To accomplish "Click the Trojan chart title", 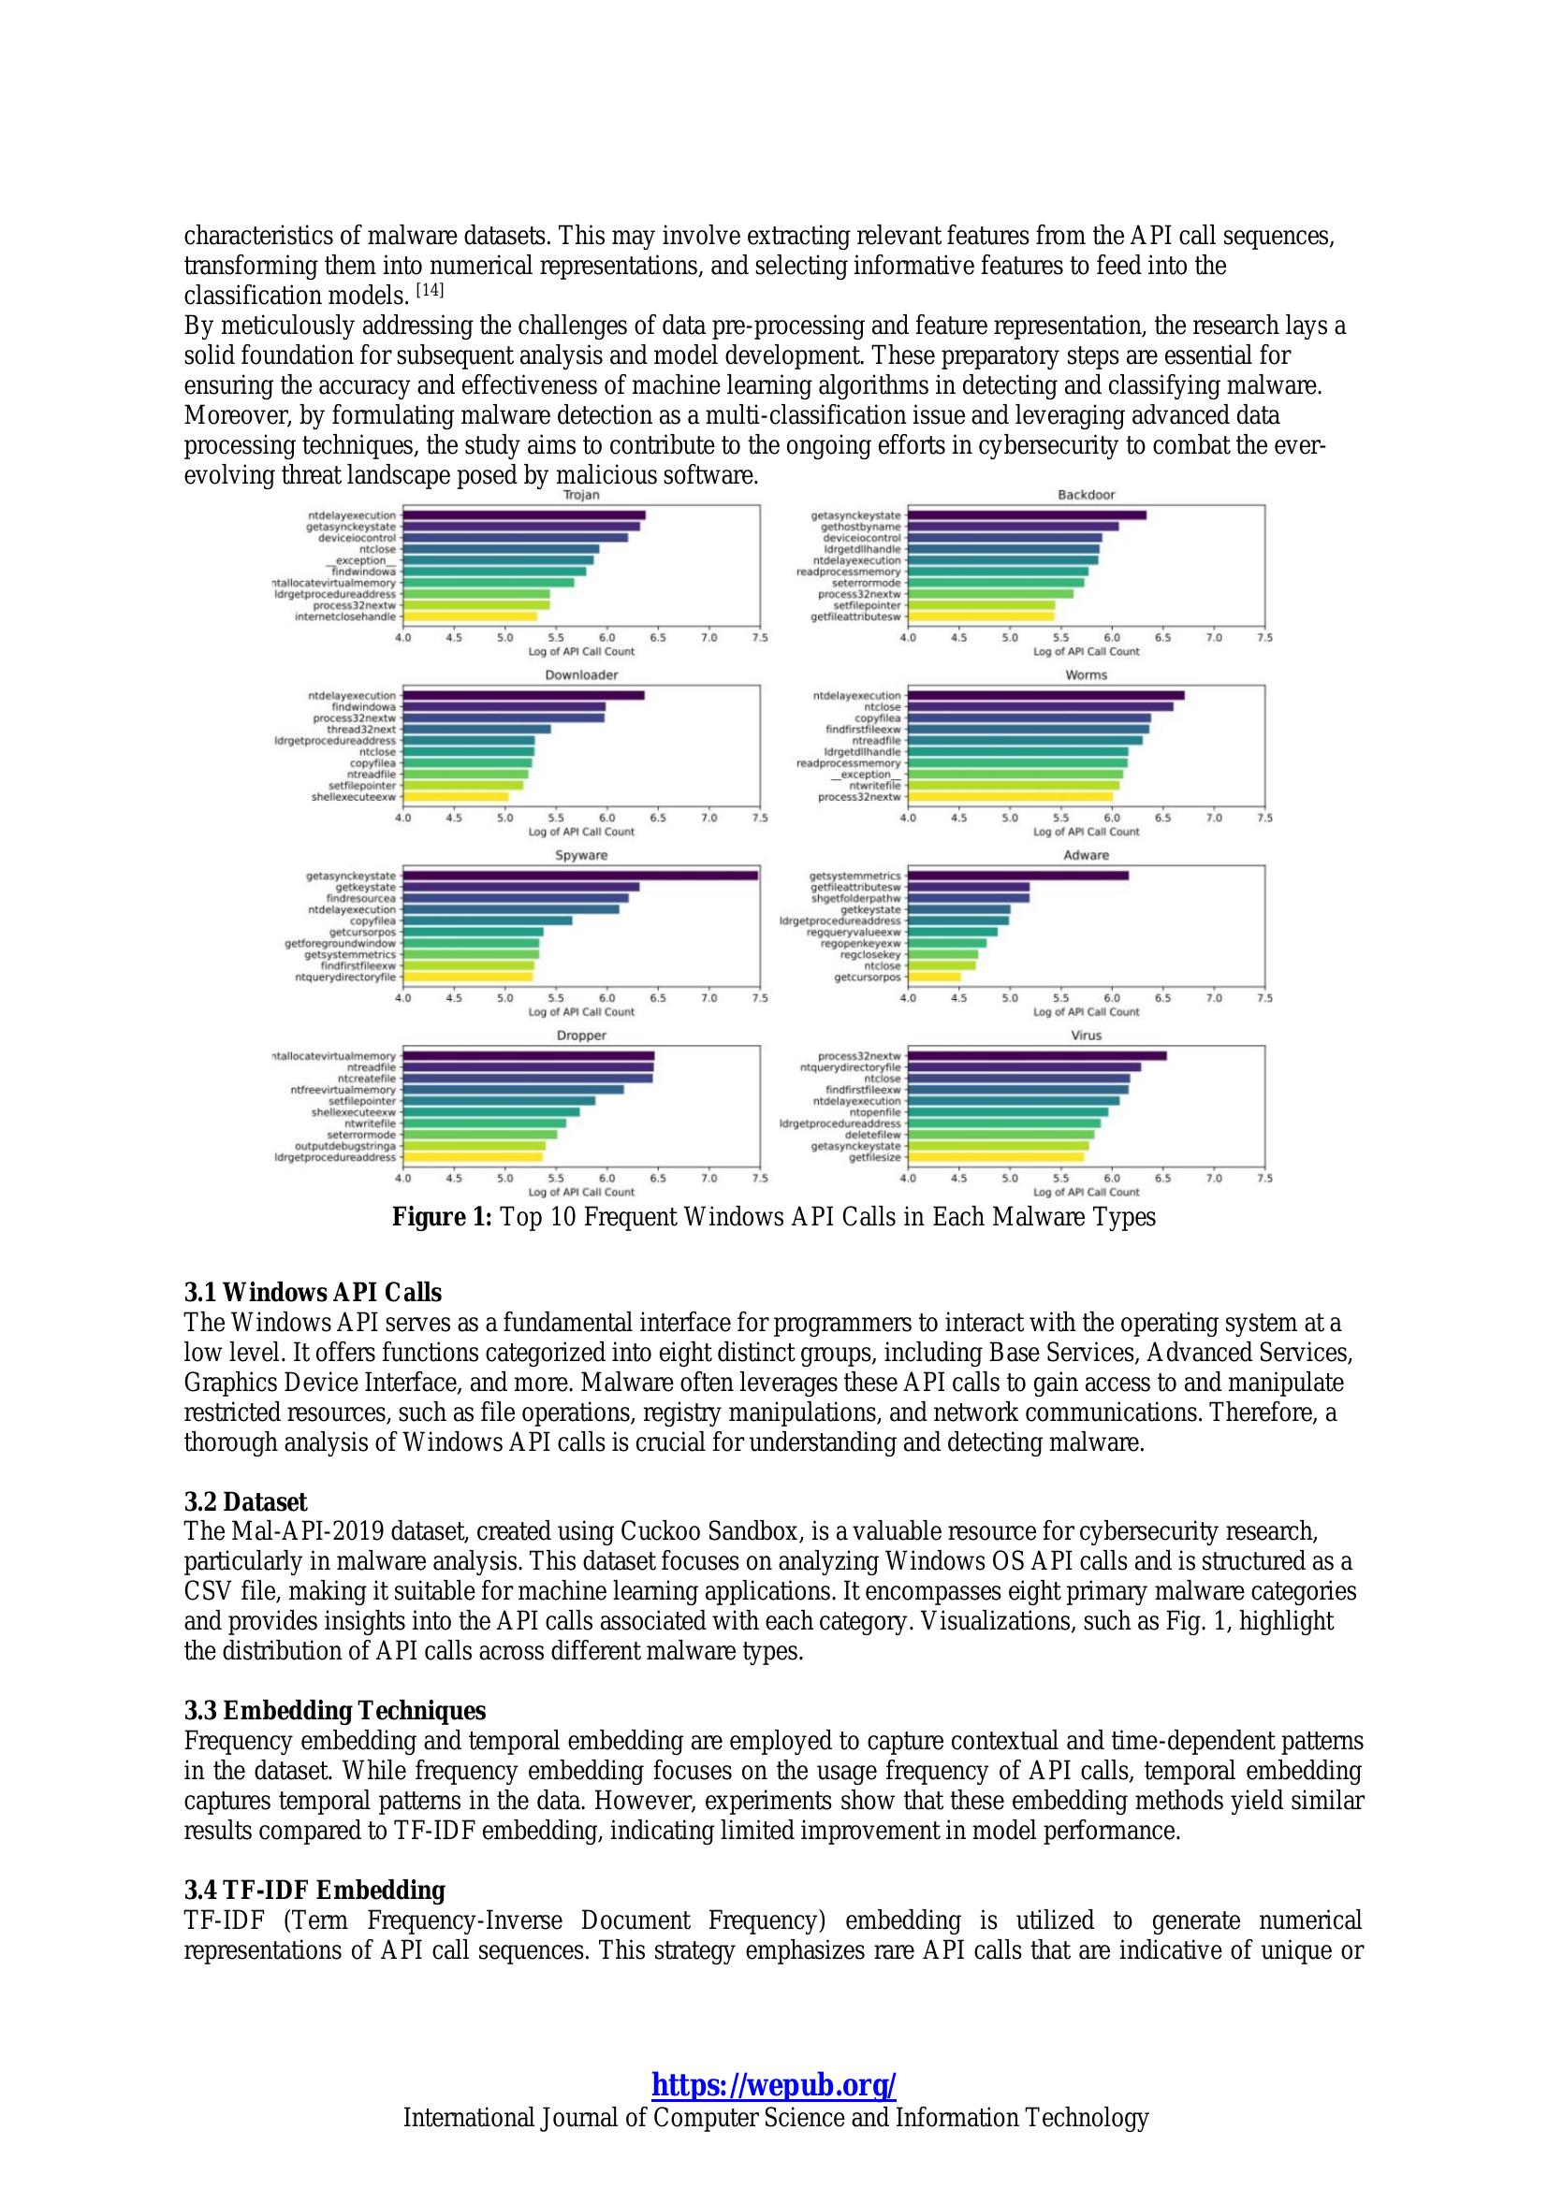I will click(580, 496).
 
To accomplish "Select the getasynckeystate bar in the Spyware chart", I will click(579, 875).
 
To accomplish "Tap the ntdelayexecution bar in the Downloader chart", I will click(523, 696).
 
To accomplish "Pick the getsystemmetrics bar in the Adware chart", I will click(1018, 875).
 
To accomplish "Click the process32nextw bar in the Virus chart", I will click(1037, 1056).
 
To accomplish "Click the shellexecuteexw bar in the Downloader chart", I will click(456, 797).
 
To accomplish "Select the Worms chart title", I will click(1086, 675).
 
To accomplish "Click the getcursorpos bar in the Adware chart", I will click(934, 977).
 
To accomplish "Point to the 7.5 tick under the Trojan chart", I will click(760, 638).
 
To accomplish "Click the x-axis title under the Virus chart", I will click(1086, 1192).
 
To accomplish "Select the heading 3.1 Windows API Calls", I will click(313, 1293).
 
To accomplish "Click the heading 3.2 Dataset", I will click(245, 1503).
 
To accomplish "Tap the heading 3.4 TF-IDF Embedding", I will click(314, 1890).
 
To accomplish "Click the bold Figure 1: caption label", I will click(444, 1218).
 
